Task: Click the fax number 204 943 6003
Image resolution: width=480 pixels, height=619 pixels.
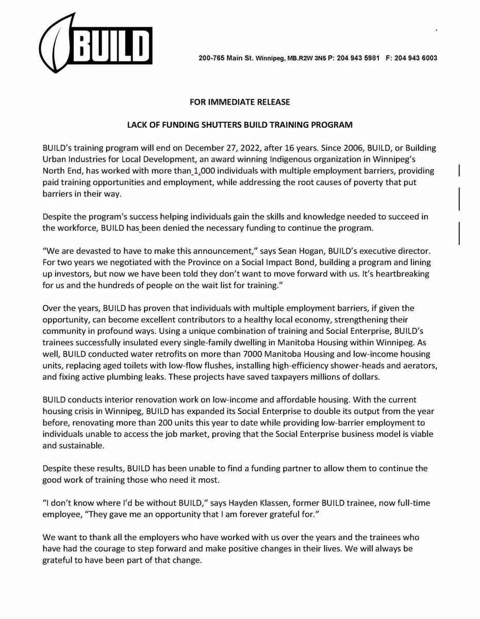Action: click(416, 58)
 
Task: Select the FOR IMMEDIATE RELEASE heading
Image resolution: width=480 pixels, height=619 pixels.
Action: click(240, 102)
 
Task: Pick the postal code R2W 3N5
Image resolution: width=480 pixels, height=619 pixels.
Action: click(306, 58)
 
